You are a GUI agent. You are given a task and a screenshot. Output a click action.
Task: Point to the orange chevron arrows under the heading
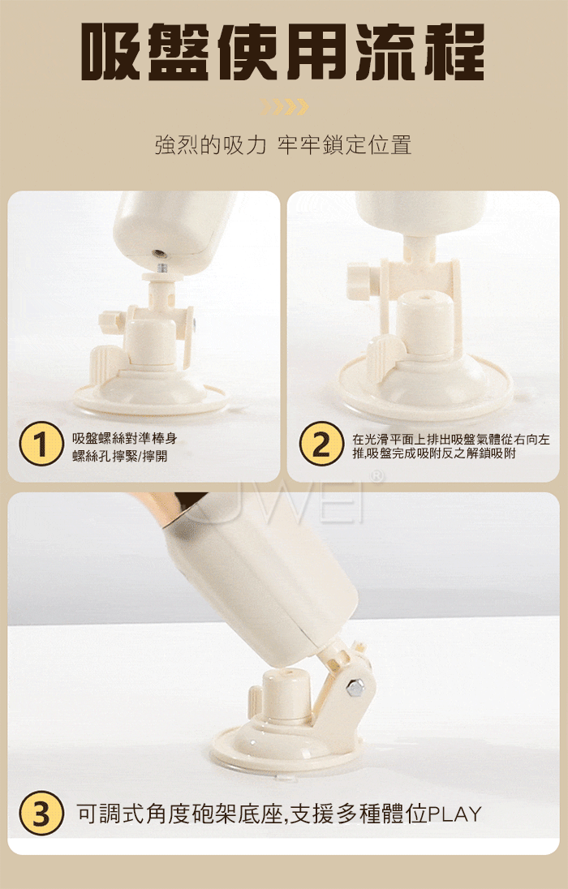284,106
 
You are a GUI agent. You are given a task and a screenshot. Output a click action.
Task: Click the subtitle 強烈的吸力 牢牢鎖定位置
283,145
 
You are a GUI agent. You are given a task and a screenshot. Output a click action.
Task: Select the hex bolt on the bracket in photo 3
354,689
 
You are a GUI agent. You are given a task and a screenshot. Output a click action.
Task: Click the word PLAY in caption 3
454,814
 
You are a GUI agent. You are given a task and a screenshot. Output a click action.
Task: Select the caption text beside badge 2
450,446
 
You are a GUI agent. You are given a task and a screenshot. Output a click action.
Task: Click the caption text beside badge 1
128,447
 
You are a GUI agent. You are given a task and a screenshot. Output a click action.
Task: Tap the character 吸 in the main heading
110,52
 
